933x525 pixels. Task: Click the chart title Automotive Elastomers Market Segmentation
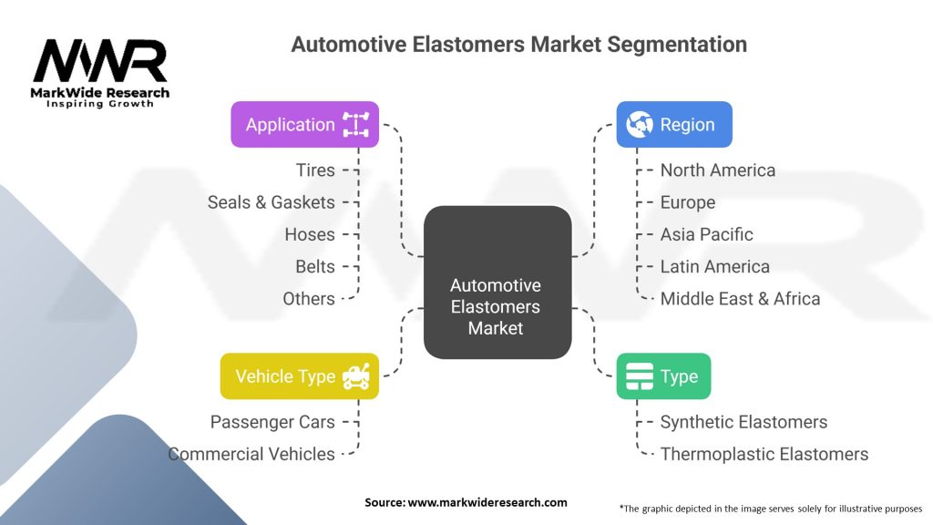pos(518,44)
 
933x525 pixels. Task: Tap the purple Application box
pos(304,125)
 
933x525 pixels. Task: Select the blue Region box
pos(674,125)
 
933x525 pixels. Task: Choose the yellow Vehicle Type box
pos(299,376)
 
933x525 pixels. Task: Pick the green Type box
pos(663,376)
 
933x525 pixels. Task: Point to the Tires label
pos(315,170)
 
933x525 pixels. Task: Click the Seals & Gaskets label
pos(272,202)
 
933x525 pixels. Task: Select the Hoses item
pos(310,234)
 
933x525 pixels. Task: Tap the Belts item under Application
pos(315,266)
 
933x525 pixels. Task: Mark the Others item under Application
pos(309,298)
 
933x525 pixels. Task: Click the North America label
pos(718,170)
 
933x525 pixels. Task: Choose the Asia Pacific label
pos(707,234)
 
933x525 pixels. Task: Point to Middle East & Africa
pos(740,298)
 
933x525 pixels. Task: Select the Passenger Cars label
pos(272,422)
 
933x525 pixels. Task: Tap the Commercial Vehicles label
pos(251,454)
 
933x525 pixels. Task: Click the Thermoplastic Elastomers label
pos(764,454)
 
